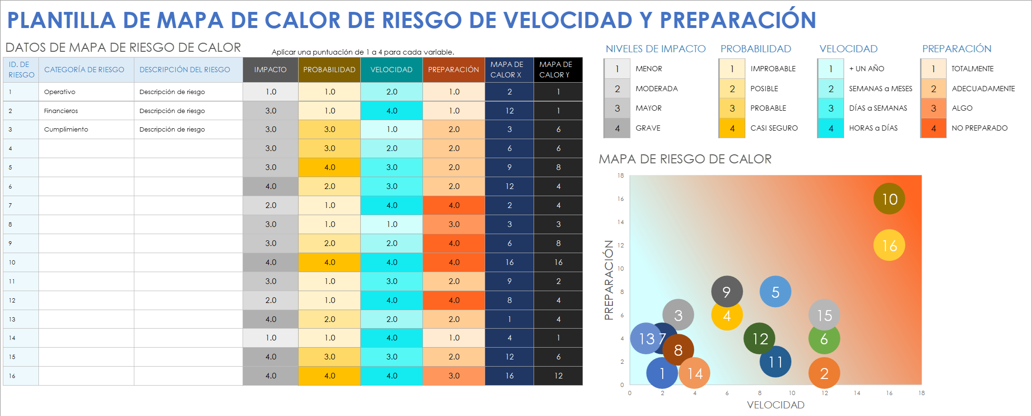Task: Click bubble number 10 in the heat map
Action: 889,199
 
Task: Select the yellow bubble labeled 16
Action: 889,245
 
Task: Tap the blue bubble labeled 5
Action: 775,292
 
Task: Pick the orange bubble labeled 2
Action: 824,374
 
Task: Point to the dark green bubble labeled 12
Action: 760,339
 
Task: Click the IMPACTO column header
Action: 270,70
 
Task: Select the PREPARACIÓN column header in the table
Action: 453,70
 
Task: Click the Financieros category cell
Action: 61,111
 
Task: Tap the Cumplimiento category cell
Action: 66,129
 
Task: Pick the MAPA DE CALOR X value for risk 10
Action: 509,262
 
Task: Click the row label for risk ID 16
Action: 12,376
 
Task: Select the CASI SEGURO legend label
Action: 774,128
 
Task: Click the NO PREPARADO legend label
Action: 979,128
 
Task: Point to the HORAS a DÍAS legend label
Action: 873,128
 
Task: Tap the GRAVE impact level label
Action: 648,128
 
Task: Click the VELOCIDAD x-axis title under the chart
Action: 775,405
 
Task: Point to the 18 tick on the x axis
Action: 921,393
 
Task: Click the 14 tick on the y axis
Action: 620,222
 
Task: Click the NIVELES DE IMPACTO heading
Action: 656,49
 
